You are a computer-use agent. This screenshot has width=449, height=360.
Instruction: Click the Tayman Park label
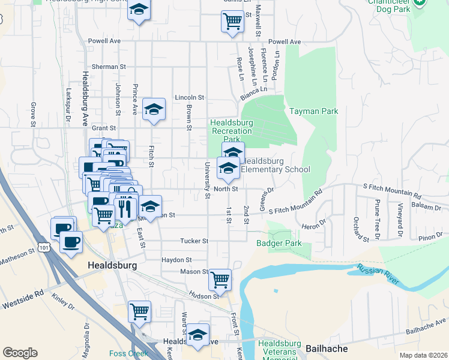(x=313, y=111)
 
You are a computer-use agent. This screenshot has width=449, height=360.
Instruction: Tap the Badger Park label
(x=279, y=244)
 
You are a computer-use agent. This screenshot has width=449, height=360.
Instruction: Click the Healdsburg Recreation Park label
(x=231, y=131)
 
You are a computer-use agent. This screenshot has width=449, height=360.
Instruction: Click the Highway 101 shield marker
(x=43, y=247)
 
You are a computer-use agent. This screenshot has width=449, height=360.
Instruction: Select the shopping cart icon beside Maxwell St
(x=232, y=21)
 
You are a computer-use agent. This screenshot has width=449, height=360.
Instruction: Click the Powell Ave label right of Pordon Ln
(x=285, y=42)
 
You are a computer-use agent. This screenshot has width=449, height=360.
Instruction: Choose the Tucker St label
(x=194, y=241)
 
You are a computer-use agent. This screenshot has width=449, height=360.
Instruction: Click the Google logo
(x=20, y=353)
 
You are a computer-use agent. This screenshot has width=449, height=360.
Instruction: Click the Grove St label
(x=33, y=110)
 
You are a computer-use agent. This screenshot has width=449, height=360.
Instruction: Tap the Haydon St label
(x=176, y=260)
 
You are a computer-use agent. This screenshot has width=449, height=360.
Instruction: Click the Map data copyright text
(x=423, y=355)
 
